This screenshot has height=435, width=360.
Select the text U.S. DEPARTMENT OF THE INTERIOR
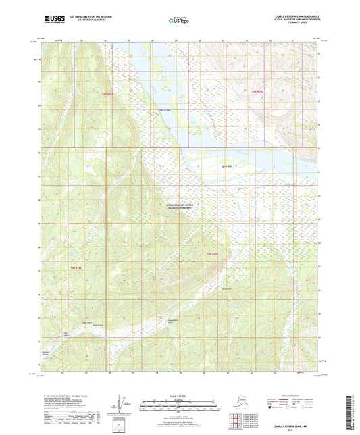95,15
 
